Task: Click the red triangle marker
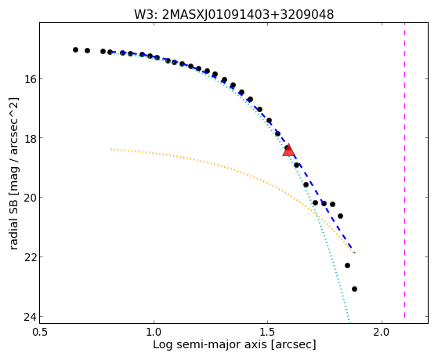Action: click(288, 151)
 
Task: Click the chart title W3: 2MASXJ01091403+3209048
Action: click(233, 14)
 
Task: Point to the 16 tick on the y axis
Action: click(28, 79)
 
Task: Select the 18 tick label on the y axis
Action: click(28, 138)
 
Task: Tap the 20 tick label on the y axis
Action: click(28, 197)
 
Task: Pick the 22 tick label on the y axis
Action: click(28, 256)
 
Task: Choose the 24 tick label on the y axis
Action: click(28, 316)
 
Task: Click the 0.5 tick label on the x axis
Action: click(40, 332)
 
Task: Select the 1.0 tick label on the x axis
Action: click(154, 332)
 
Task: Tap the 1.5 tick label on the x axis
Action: click(268, 332)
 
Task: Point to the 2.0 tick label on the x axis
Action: click(382, 332)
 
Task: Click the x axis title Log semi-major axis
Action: click(209, 344)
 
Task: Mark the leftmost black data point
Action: click(75, 49)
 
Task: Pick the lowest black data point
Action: click(354, 289)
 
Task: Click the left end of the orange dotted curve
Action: click(111, 149)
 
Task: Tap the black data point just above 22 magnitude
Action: click(347, 265)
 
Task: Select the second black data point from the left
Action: click(87, 51)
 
